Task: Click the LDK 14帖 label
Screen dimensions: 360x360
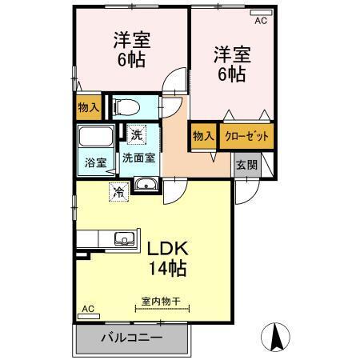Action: click(x=166, y=255)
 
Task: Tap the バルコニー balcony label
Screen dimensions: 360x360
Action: click(x=131, y=338)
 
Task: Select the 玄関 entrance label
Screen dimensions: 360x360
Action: click(x=246, y=166)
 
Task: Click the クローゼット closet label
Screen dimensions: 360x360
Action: click(x=246, y=136)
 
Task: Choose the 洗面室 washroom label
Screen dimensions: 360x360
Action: click(x=138, y=158)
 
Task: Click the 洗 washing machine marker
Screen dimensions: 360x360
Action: click(x=136, y=135)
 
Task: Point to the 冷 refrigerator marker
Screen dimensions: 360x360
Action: click(x=118, y=192)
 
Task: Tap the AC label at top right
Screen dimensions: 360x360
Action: click(x=260, y=22)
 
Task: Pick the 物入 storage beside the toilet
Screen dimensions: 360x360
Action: click(x=89, y=106)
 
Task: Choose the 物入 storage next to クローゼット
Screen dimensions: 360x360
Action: click(x=203, y=136)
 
